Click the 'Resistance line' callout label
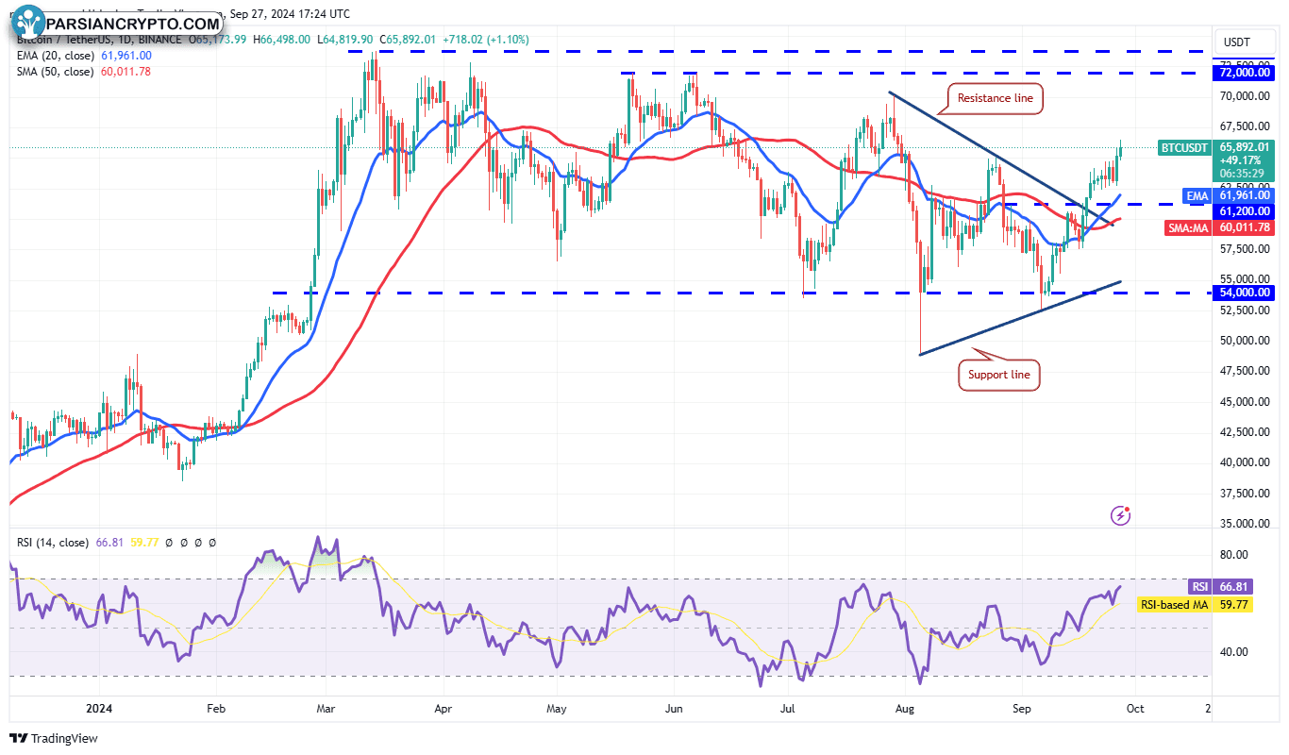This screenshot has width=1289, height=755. click(x=995, y=98)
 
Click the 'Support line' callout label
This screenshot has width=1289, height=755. click(x=999, y=375)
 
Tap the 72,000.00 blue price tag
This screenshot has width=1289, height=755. click(x=1245, y=73)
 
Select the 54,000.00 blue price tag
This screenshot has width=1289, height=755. click(x=1245, y=293)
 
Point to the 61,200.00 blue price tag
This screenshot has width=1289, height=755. click(x=1245, y=211)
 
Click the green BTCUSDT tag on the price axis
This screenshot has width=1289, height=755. click(x=1183, y=147)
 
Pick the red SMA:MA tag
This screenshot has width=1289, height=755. click(x=1187, y=227)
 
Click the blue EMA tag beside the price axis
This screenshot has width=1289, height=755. click(x=1197, y=195)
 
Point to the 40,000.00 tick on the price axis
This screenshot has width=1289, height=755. click(x=1243, y=462)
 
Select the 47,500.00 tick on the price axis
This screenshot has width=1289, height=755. click(x=1243, y=371)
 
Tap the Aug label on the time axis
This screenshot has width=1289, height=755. click(x=904, y=708)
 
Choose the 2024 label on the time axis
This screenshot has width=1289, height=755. click(x=98, y=708)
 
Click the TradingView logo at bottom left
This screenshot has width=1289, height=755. click(x=54, y=738)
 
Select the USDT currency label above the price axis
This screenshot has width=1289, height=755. click(x=1236, y=42)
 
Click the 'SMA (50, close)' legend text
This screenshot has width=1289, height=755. click(x=56, y=72)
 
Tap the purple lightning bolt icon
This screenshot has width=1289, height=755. click(x=1121, y=514)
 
